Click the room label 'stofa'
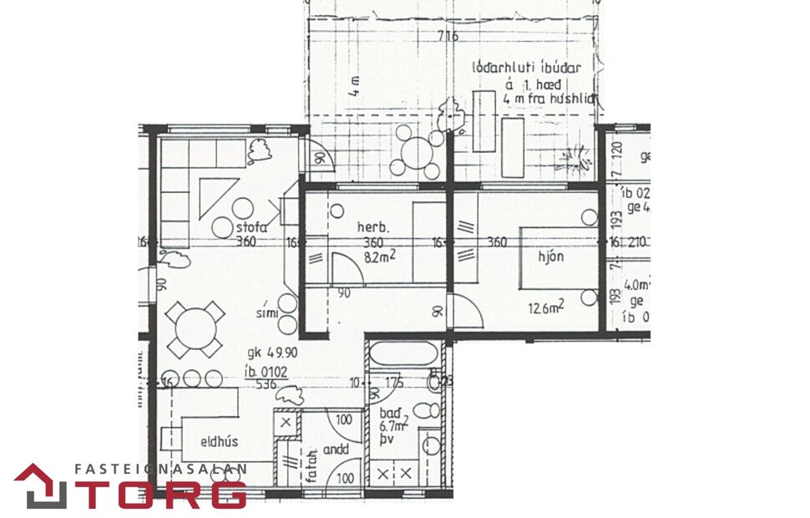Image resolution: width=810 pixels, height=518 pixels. coord(251,226)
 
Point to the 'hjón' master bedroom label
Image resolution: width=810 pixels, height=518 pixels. coord(550,256)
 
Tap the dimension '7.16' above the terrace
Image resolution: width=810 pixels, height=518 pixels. coord(448,36)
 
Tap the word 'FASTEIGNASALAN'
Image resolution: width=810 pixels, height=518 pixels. coord(159,470)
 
